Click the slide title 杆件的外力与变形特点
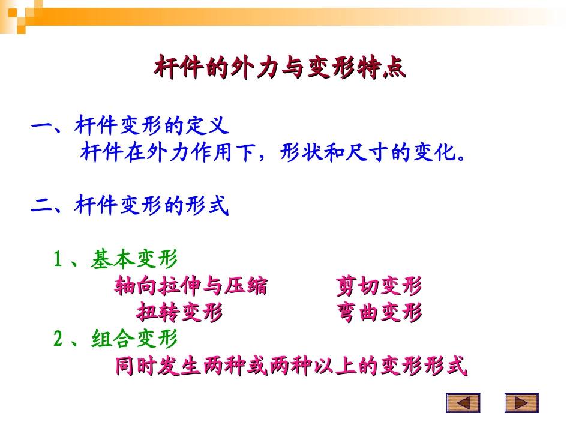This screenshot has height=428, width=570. (x=280, y=68)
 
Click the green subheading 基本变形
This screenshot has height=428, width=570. (x=134, y=259)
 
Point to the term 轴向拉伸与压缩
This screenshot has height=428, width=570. (x=191, y=286)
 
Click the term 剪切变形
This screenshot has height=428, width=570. (x=379, y=286)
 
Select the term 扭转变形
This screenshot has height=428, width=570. (x=179, y=313)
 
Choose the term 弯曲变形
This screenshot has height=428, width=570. (x=379, y=313)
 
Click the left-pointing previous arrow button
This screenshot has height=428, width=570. (x=463, y=403)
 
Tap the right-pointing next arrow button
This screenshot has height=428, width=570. (x=521, y=403)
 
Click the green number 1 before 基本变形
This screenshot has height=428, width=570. (x=58, y=260)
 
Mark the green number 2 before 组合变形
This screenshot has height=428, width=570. (x=58, y=339)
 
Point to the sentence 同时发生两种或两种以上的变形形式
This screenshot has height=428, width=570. (x=290, y=366)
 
